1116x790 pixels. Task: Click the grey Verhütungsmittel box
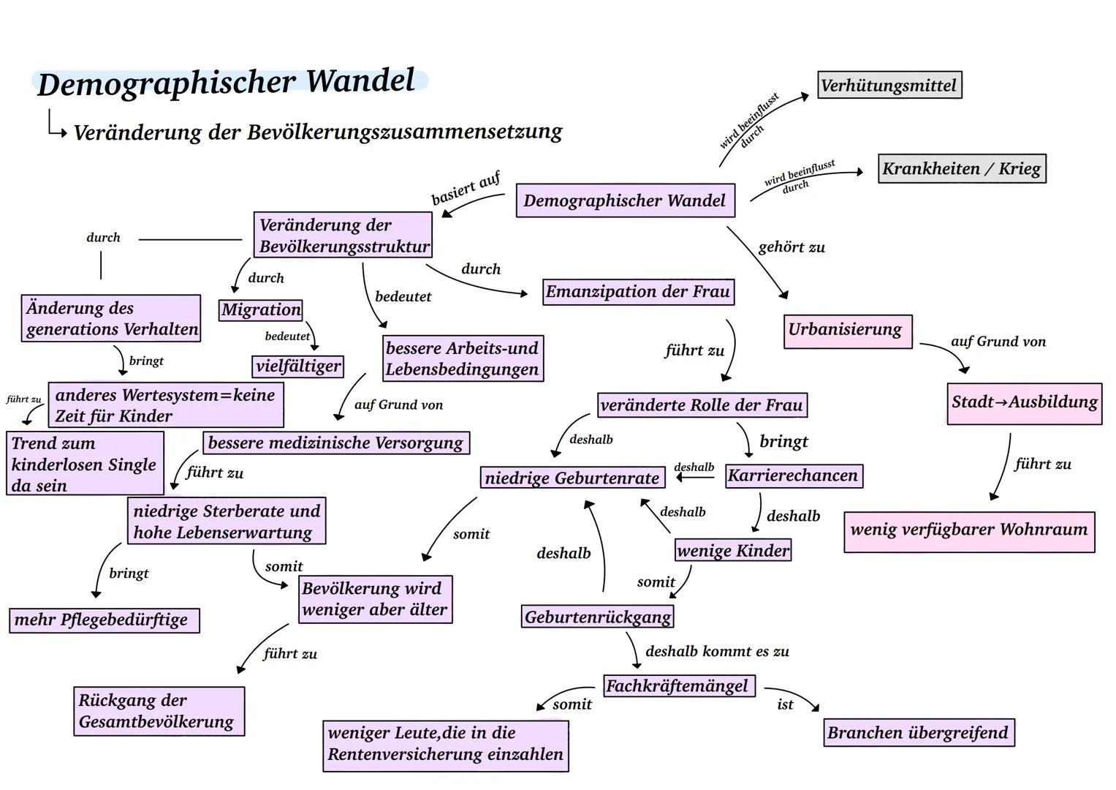[x=889, y=85]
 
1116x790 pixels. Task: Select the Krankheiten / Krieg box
[x=962, y=168]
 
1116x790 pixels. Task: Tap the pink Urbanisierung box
[x=847, y=331]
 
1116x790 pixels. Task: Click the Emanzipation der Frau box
[x=638, y=292]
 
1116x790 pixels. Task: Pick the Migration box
[x=261, y=309]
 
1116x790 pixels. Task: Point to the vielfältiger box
[x=298, y=366]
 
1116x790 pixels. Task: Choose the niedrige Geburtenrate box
[x=572, y=478]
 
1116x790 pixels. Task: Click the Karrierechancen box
[x=793, y=475]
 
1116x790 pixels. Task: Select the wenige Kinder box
[x=733, y=550]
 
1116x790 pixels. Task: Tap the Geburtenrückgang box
[x=598, y=617]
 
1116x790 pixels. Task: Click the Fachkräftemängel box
[x=677, y=686]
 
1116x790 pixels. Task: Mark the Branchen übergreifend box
[x=918, y=732]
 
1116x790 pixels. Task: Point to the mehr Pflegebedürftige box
[x=103, y=620]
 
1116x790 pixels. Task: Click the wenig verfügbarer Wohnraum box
[x=969, y=530]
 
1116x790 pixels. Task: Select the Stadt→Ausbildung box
[x=1024, y=402]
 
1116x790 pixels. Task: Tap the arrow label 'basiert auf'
[x=466, y=189]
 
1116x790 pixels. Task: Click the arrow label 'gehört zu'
[x=792, y=247]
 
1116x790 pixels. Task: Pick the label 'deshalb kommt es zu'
[x=717, y=651]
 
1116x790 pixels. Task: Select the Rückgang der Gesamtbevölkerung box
[x=158, y=711]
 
